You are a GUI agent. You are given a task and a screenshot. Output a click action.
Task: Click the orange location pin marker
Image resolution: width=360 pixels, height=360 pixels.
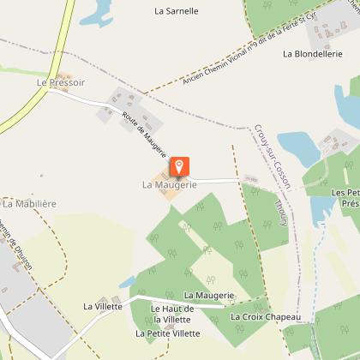179,165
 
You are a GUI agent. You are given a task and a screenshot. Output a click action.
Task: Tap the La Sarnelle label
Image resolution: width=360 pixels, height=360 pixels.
176,12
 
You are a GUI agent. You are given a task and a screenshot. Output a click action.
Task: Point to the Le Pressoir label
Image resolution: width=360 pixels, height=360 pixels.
56,83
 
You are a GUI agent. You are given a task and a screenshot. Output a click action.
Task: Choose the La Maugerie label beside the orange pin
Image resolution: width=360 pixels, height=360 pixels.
170,184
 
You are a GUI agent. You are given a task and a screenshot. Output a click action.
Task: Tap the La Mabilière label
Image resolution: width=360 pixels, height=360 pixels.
31,204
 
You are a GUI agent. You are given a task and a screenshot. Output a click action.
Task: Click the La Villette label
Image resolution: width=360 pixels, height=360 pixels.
102,305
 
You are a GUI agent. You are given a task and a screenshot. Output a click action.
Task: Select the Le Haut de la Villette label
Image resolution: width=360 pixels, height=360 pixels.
171,314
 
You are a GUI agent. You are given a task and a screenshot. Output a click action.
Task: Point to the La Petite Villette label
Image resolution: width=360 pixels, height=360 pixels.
167,333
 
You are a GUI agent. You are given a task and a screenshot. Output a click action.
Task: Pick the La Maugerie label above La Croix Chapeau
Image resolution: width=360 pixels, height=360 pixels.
208,296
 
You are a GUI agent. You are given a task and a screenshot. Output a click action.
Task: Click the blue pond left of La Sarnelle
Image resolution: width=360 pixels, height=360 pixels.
96,11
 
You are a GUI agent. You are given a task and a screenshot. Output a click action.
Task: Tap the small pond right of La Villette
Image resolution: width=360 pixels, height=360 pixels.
127,282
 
